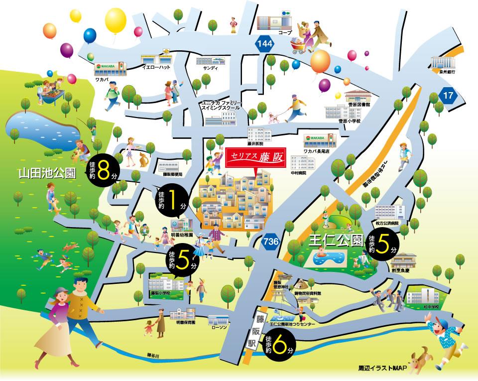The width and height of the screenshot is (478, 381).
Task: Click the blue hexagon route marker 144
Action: click(x=265, y=44)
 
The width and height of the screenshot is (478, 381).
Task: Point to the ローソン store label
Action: click(x=219, y=327)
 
